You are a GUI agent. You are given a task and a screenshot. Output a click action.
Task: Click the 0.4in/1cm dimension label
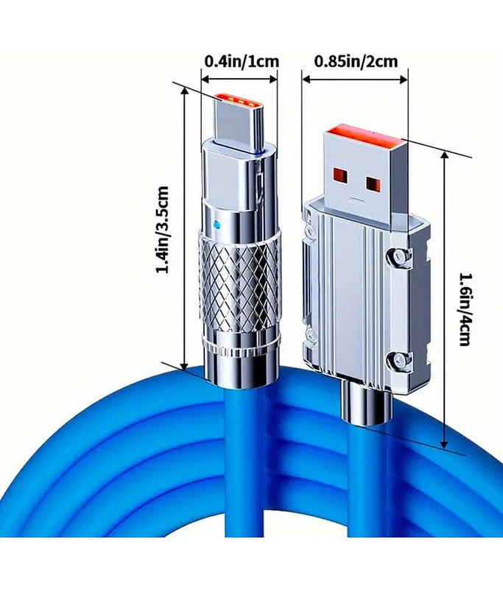point(241,61)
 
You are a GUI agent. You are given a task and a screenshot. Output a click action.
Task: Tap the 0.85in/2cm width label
point(356,61)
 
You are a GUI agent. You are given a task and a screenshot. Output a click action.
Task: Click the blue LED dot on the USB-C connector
point(216,225)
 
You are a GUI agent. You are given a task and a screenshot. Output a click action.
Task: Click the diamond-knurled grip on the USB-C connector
point(239,283)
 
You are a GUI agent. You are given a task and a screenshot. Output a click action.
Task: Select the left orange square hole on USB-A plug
point(342,174)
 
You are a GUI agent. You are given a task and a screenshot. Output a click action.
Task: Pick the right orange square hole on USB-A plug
point(374,183)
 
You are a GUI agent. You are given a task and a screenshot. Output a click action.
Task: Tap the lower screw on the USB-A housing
point(398,361)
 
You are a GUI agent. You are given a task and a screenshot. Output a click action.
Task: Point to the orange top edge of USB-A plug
point(363,136)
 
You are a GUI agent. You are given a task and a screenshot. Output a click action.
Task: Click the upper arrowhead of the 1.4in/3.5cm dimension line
point(184,93)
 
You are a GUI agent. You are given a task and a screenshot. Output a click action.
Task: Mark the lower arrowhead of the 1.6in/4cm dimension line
point(444,443)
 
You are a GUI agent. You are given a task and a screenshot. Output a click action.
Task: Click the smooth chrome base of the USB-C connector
point(241,370)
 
